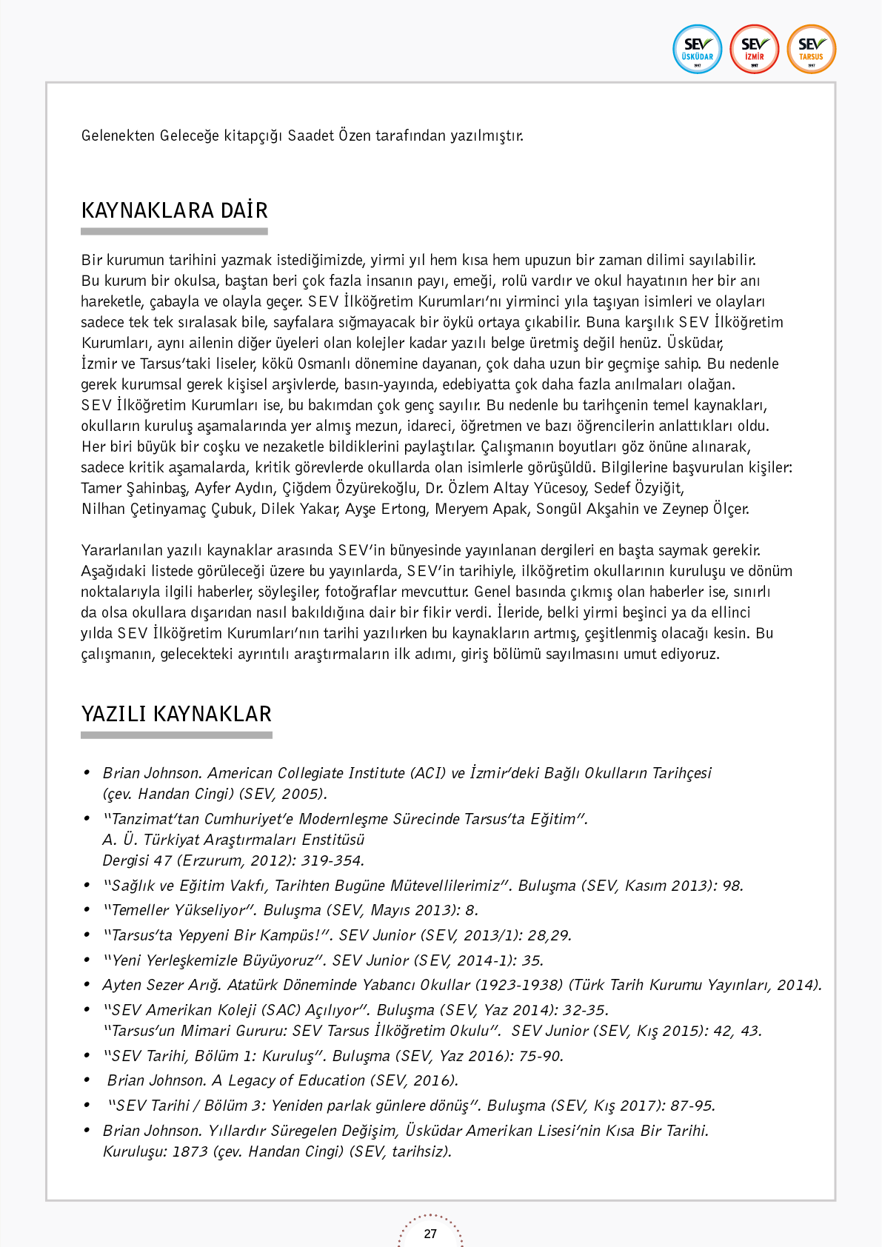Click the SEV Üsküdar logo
[697, 50]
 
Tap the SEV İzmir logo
[754, 50]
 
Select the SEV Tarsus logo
[811, 50]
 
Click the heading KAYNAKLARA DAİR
[174, 210]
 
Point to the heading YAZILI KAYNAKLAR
[176, 714]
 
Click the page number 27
[430, 1234]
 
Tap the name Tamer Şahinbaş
[133, 488]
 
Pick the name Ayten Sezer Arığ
[161, 985]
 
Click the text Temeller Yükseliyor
[178, 910]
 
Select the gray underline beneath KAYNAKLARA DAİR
[174, 232]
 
